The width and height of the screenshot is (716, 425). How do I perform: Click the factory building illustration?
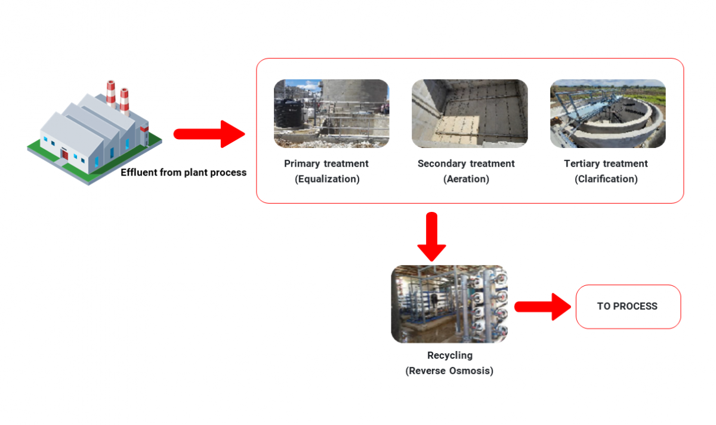[x=92, y=137]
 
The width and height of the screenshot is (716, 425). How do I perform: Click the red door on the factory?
[x=64, y=155]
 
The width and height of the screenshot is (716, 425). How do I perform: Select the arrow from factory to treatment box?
[x=209, y=134]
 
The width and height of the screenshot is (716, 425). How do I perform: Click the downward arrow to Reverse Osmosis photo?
[x=431, y=236]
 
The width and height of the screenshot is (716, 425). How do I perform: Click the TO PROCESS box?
[x=628, y=306]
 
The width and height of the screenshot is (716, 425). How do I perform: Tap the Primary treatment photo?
[x=331, y=113]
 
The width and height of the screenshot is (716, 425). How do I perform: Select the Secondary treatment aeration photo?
[x=470, y=113]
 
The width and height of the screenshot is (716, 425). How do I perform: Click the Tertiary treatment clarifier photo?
[x=607, y=113]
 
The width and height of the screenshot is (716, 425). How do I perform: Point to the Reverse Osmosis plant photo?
[x=449, y=304]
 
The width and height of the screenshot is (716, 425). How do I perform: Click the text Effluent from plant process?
[x=183, y=173]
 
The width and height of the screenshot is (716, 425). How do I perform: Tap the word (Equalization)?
[x=327, y=179]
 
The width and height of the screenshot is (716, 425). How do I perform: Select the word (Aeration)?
[x=466, y=179]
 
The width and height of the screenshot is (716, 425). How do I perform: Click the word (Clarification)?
[x=606, y=179]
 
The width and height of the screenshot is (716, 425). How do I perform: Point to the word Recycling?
[x=449, y=355]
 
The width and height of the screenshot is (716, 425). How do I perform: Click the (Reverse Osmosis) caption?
[x=449, y=371]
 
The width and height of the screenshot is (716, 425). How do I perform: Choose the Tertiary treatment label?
[x=606, y=164]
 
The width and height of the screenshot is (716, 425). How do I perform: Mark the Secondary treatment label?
[x=466, y=164]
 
